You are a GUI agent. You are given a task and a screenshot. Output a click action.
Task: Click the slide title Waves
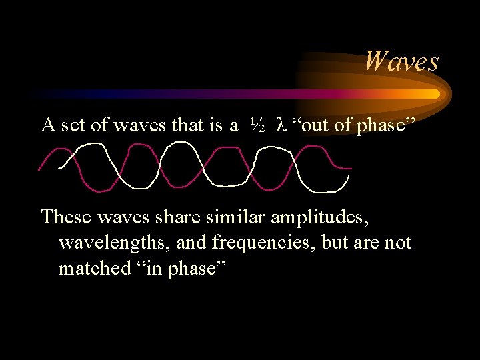tap(401, 61)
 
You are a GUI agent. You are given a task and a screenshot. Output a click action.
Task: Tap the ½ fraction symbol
tap(258, 125)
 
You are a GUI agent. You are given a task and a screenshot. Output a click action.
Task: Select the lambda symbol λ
tap(280, 125)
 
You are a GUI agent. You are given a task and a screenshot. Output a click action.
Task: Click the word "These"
tap(63, 217)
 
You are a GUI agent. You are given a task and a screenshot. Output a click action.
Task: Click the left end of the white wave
tap(59, 167)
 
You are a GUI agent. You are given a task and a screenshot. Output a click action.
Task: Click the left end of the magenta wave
tap(39, 169)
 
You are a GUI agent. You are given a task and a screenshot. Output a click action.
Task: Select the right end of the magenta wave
tap(351, 167)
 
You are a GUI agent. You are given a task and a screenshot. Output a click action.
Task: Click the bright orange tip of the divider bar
tap(435, 94)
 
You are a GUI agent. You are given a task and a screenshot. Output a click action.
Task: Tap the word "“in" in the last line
tap(155, 268)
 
